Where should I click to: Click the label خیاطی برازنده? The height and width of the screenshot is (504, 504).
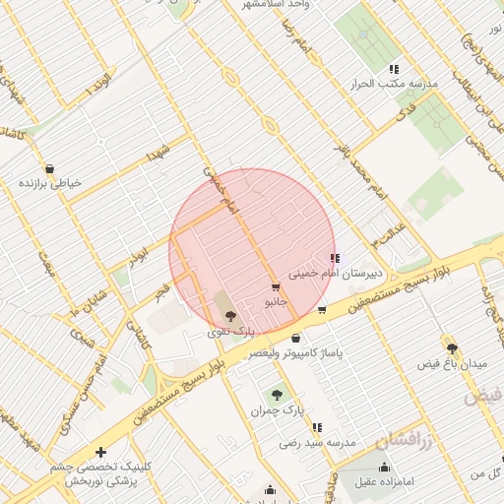click(x=49, y=183)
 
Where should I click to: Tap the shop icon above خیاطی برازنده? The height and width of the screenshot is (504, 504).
click(x=49, y=168)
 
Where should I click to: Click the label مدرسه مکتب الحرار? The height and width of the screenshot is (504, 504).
click(x=394, y=85)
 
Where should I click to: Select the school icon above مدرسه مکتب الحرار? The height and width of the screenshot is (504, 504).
click(x=394, y=69)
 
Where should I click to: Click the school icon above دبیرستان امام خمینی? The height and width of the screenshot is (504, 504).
click(x=336, y=258)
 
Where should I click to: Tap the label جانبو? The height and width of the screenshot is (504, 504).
click(x=276, y=302)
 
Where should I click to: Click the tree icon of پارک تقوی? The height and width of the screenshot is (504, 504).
click(x=230, y=316)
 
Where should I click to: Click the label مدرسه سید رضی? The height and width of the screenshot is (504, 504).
click(x=317, y=444)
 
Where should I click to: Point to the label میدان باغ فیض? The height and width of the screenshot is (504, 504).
click(x=452, y=364)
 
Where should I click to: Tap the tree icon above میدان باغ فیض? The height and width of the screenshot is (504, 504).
click(x=452, y=348)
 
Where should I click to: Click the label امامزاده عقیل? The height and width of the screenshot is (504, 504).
click(x=384, y=481)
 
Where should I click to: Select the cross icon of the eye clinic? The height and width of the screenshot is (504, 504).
click(x=101, y=453)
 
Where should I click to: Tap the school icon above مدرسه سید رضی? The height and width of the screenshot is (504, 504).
click(x=317, y=428)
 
